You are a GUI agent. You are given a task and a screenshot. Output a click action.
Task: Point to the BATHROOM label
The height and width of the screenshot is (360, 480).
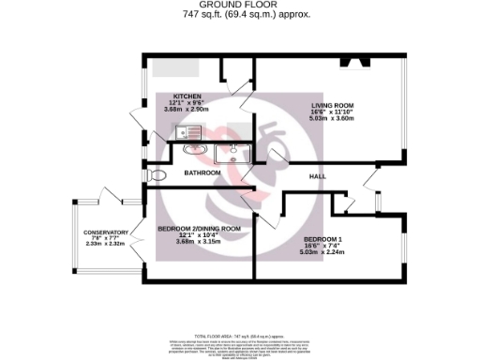pos(202,173)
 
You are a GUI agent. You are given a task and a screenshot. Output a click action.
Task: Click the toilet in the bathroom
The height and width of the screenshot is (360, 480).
pos(157,174)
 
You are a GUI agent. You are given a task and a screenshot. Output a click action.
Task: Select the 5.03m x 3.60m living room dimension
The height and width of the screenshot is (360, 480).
pos(334,120)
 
